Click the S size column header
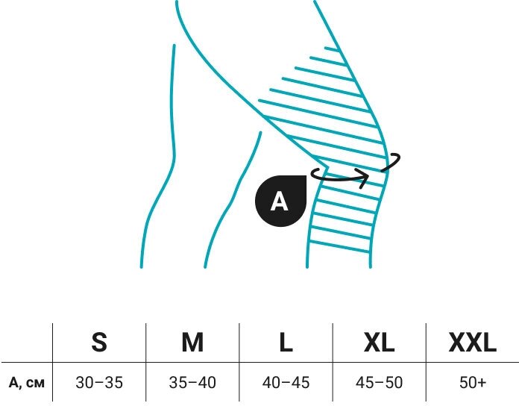(x=99, y=343)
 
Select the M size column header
(x=192, y=343)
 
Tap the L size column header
(x=286, y=343)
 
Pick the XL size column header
(x=379, y=343)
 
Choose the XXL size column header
(x=472, y=343)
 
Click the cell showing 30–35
(x=99, y=383)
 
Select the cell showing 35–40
(x=192, y=383)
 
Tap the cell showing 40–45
(x=286, y=383)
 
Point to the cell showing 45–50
(x=379, y=383)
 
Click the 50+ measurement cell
(x=472, y=383)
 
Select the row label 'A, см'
(x=27, y=384)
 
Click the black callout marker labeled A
(x=280, y=201)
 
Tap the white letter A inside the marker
(x=279, y=202)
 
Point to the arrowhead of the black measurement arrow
(x=365, y=178)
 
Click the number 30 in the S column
(x=84, y=383)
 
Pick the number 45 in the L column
(x=301, y=383)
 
